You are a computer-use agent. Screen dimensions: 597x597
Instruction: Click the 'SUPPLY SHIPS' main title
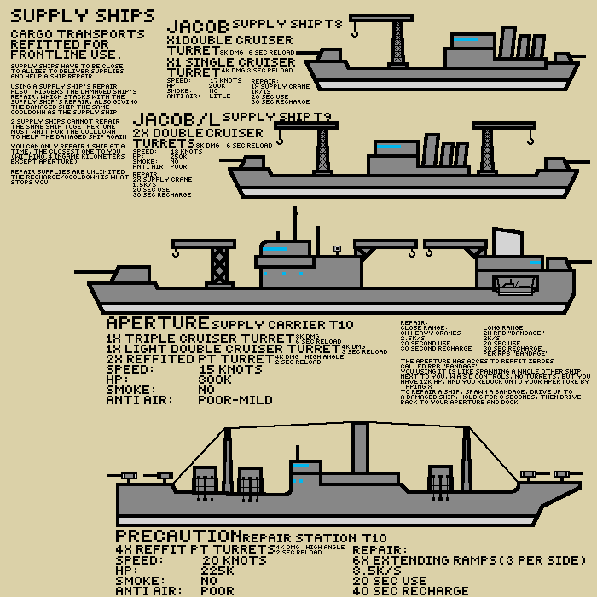(82, 16)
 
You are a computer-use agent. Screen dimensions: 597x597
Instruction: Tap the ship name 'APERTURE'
(157, 323)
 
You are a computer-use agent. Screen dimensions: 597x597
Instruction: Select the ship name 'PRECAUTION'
(179, 536)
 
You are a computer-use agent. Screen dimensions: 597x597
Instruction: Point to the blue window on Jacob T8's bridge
(466, 39)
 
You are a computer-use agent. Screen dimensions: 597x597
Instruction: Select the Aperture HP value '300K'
(215, 380)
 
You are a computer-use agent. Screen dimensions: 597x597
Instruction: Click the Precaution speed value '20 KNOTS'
(234, 560)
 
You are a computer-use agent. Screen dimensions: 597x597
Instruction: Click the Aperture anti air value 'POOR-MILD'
(235, 400)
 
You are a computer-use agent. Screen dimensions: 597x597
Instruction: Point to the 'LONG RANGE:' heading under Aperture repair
(504, 328)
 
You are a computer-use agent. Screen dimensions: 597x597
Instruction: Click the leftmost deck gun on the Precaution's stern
(128, 476)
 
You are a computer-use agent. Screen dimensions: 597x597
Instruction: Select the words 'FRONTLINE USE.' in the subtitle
(66, 55)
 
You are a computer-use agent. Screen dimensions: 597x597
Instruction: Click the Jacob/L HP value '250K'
(179, 156)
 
